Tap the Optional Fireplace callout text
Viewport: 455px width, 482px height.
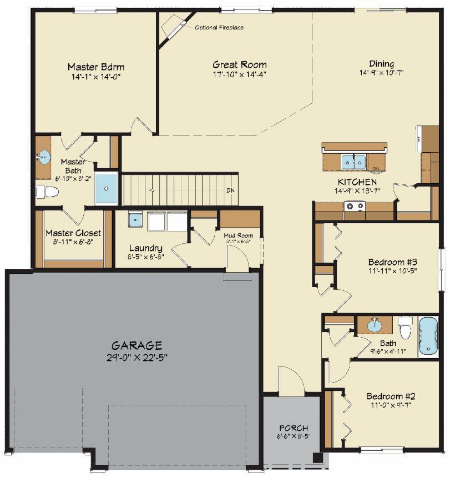[x=219, y=27]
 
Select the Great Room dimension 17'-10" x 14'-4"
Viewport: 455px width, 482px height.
[x=240, y=74]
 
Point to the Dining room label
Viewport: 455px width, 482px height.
[x=381, y=63]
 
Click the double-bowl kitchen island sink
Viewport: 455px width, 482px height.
[x=353, y=162]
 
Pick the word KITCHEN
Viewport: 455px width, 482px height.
[x=357, y=182]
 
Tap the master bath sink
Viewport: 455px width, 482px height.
[x=44, y=155]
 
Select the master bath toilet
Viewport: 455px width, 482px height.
[x=47, y=192]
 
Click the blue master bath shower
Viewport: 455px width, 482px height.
[x=106, y=188]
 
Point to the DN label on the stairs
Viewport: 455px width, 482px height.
[x=230, y=190]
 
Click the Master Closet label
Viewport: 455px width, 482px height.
[x=73, y=233]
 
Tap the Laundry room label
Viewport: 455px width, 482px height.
[x=145, y=248]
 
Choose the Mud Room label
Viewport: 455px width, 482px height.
[x=239, y=235]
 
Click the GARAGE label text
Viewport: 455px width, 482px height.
[x=136, y=345]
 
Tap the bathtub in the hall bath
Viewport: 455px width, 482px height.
[x=428, y=336]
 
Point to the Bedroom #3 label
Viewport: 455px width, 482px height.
[x=392, y=262]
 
